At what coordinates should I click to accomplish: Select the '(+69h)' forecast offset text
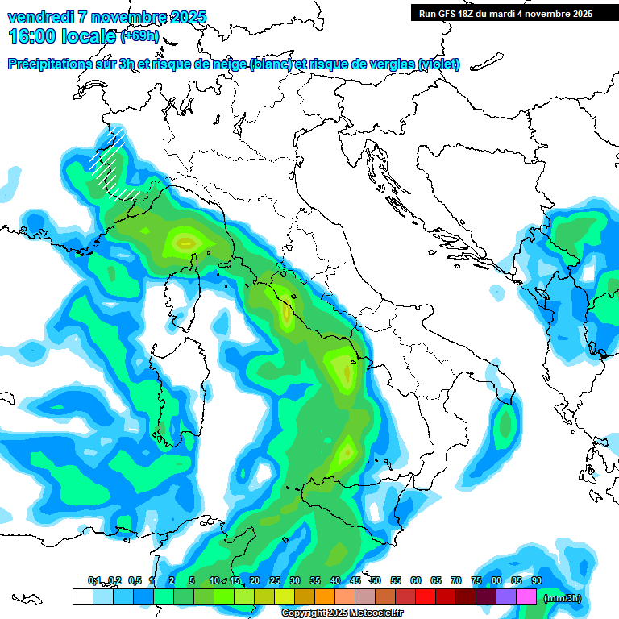point(139,36)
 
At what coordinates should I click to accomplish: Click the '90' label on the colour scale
point(537,580)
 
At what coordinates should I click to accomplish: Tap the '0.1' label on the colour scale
point(94,580)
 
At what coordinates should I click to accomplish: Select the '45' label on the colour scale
point(355,580)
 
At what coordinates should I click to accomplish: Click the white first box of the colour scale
point(82,597)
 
